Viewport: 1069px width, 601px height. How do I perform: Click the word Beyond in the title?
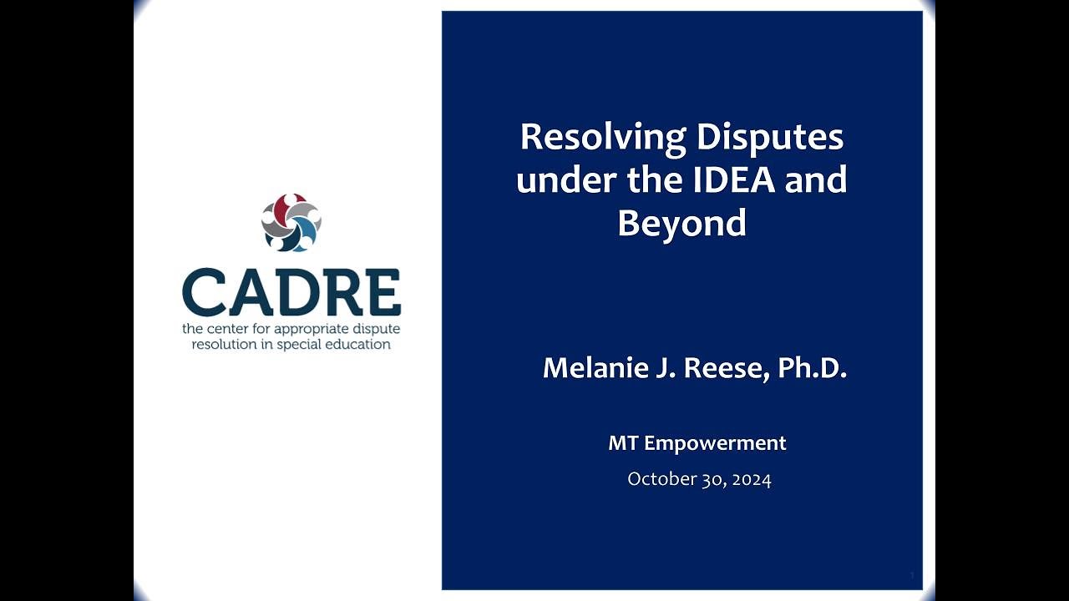coord(681,223)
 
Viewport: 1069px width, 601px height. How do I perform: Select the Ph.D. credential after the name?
coord(813,368)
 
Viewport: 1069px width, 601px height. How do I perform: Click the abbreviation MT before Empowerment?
coord(623,443)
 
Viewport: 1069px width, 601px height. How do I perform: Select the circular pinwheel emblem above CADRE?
coord(291,223)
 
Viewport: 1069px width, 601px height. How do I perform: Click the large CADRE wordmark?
coord(291,291)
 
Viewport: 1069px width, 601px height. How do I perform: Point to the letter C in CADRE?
coord(204,291)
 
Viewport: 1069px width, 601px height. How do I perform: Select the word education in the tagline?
coord(360,344)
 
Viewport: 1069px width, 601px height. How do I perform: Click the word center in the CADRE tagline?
coord(226,329)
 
